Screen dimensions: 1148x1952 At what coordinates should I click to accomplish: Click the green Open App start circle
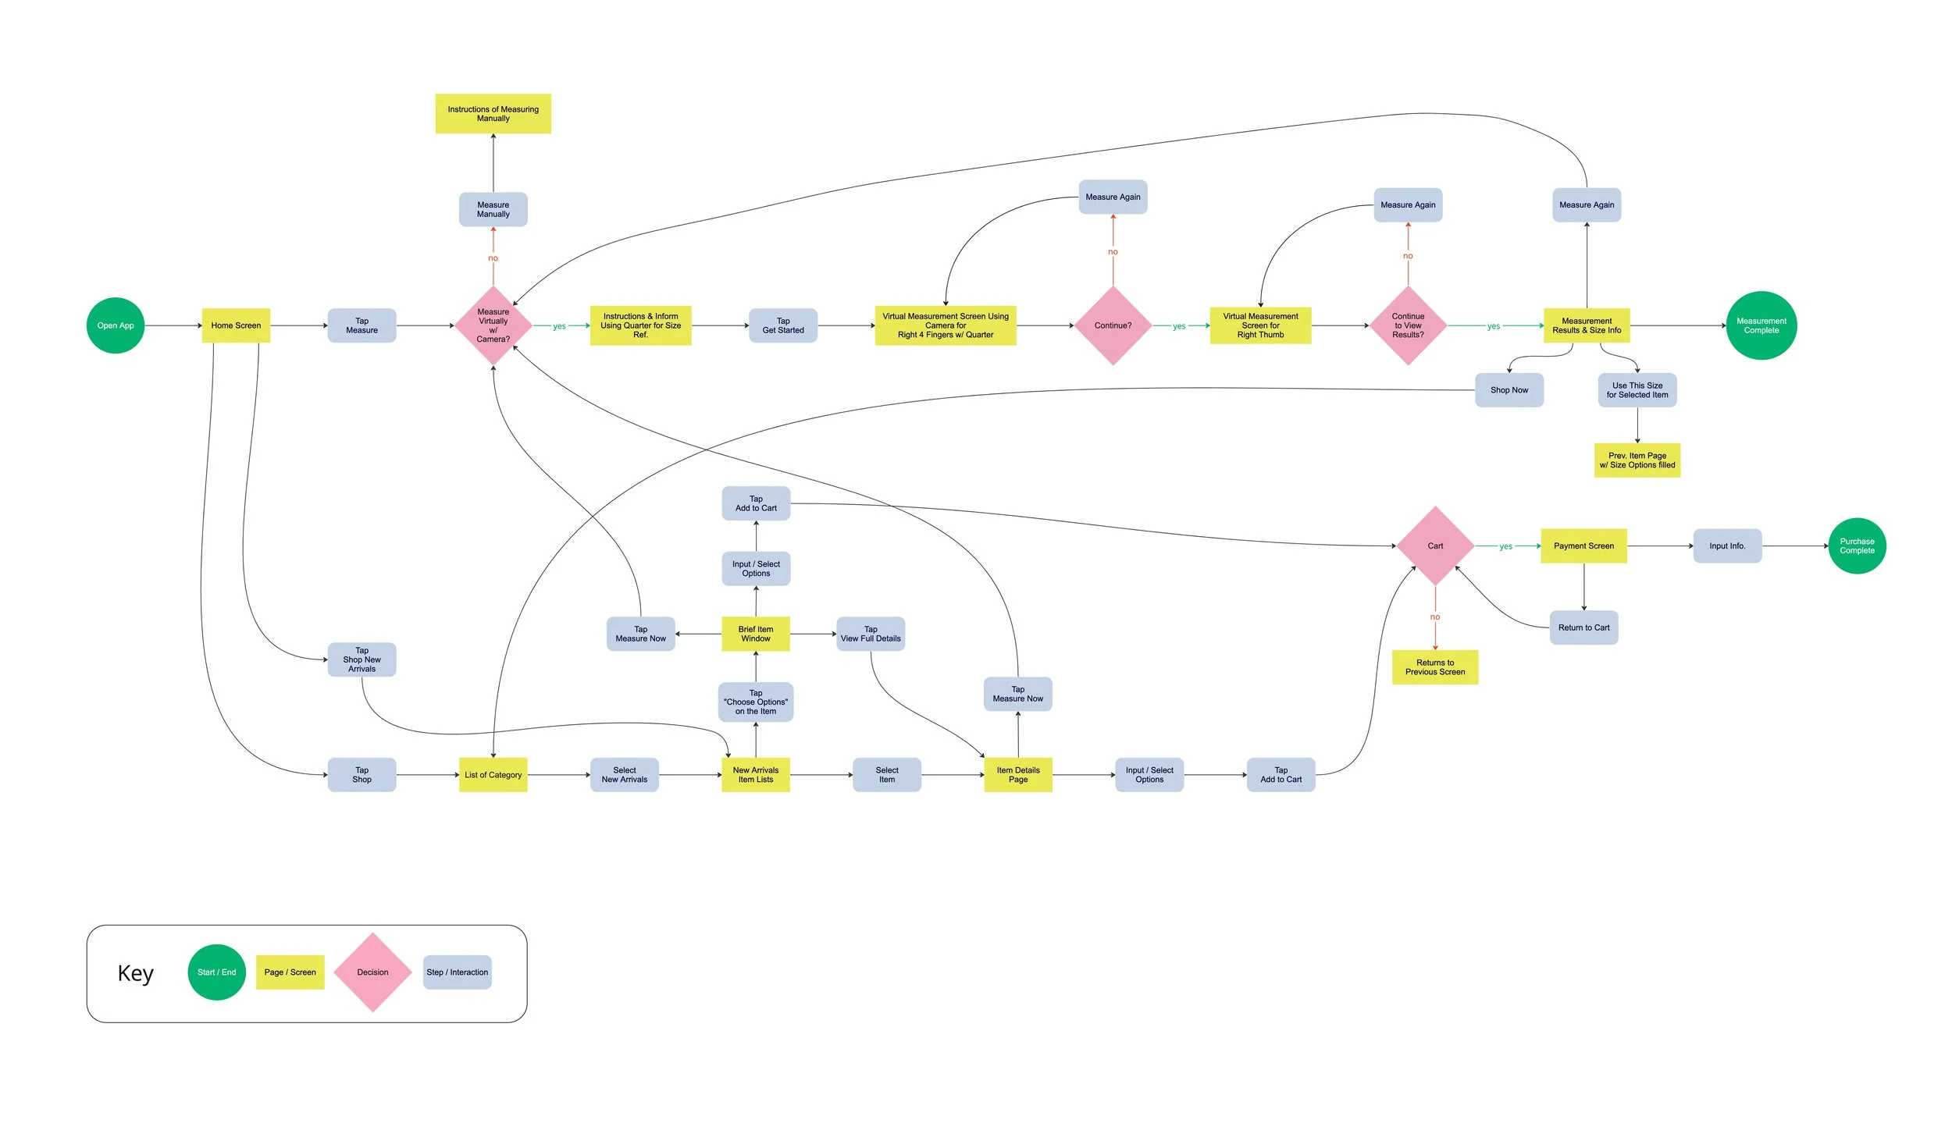pos(116,325)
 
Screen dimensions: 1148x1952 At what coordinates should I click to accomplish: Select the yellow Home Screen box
pos(236,325)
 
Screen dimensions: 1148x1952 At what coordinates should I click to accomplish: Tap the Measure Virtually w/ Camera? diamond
pos(493,325)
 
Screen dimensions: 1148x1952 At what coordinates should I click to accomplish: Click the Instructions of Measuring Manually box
pos(493,114)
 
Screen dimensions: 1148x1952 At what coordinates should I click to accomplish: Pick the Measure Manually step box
pos(493,209)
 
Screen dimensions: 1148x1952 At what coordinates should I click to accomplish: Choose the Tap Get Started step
pos(782,325)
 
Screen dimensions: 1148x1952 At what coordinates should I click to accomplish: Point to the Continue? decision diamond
pos(1113,325)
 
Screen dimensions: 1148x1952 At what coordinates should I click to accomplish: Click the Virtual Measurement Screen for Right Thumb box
pos(1260,325)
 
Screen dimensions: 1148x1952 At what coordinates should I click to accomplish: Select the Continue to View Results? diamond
pos(1408,325)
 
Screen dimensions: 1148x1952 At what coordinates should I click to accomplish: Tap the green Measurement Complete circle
pos(1761,325)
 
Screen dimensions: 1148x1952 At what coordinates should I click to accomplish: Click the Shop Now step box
pos(1509,390)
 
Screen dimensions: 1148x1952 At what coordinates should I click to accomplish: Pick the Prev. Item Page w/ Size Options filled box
pos(1637,460)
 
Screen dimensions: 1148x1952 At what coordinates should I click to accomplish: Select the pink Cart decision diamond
pos(1435,546)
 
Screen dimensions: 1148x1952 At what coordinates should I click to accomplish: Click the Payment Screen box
pos(1583,546)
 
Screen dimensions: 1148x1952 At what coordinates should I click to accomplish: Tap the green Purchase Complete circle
pos(1857,546)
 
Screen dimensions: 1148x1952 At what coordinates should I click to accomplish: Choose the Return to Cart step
pos(1583,627)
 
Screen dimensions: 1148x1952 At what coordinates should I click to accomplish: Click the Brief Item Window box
pos(755,634)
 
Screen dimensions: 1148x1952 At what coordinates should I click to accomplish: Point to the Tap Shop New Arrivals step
pos(362,659)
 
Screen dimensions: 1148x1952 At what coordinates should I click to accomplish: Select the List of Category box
pos(493,775)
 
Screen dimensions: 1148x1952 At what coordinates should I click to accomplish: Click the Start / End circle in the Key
pos(216,972)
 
